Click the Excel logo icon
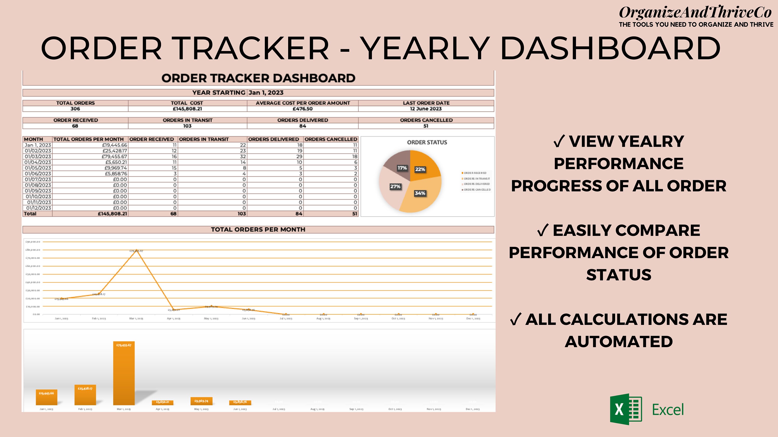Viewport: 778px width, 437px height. pyautogui.click(x=626, y=409)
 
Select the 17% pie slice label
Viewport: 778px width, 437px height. pyautogui.click(x=402, y=168)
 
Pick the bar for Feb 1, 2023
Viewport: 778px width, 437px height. pyautogui.click(x=85, y=395)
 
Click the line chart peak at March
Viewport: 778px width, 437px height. pyautogui.click(x=136, y=250)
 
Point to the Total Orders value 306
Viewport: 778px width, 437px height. pyautogui.click(x=75, y=109)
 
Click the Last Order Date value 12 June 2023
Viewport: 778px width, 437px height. pyautogui.click(x=426, y=109)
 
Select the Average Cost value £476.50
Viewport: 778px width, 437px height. pyautogui.click(x=303, y=109)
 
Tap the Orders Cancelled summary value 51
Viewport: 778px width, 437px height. pyautogui.click(x=426, y=126)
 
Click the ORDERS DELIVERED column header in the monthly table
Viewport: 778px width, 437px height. pyautogui.click(x=273, y=139)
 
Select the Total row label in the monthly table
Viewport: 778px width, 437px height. pyautogui.click(x=30, y=214)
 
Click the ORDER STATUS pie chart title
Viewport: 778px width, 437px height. pyautogui.click(x=427, y=142)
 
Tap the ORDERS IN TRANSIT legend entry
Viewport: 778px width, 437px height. pyautogui.click(x=477, y=179)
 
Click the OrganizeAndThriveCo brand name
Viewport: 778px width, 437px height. pyautogui.click(x=695, y=13)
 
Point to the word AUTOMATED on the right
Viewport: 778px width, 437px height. pyautogui.click(x=619, y=342)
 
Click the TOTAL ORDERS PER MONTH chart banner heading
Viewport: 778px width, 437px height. pyautogui.click(x=258, y=230)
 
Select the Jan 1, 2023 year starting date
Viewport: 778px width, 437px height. pyautogui.click(x=266, y=93)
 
